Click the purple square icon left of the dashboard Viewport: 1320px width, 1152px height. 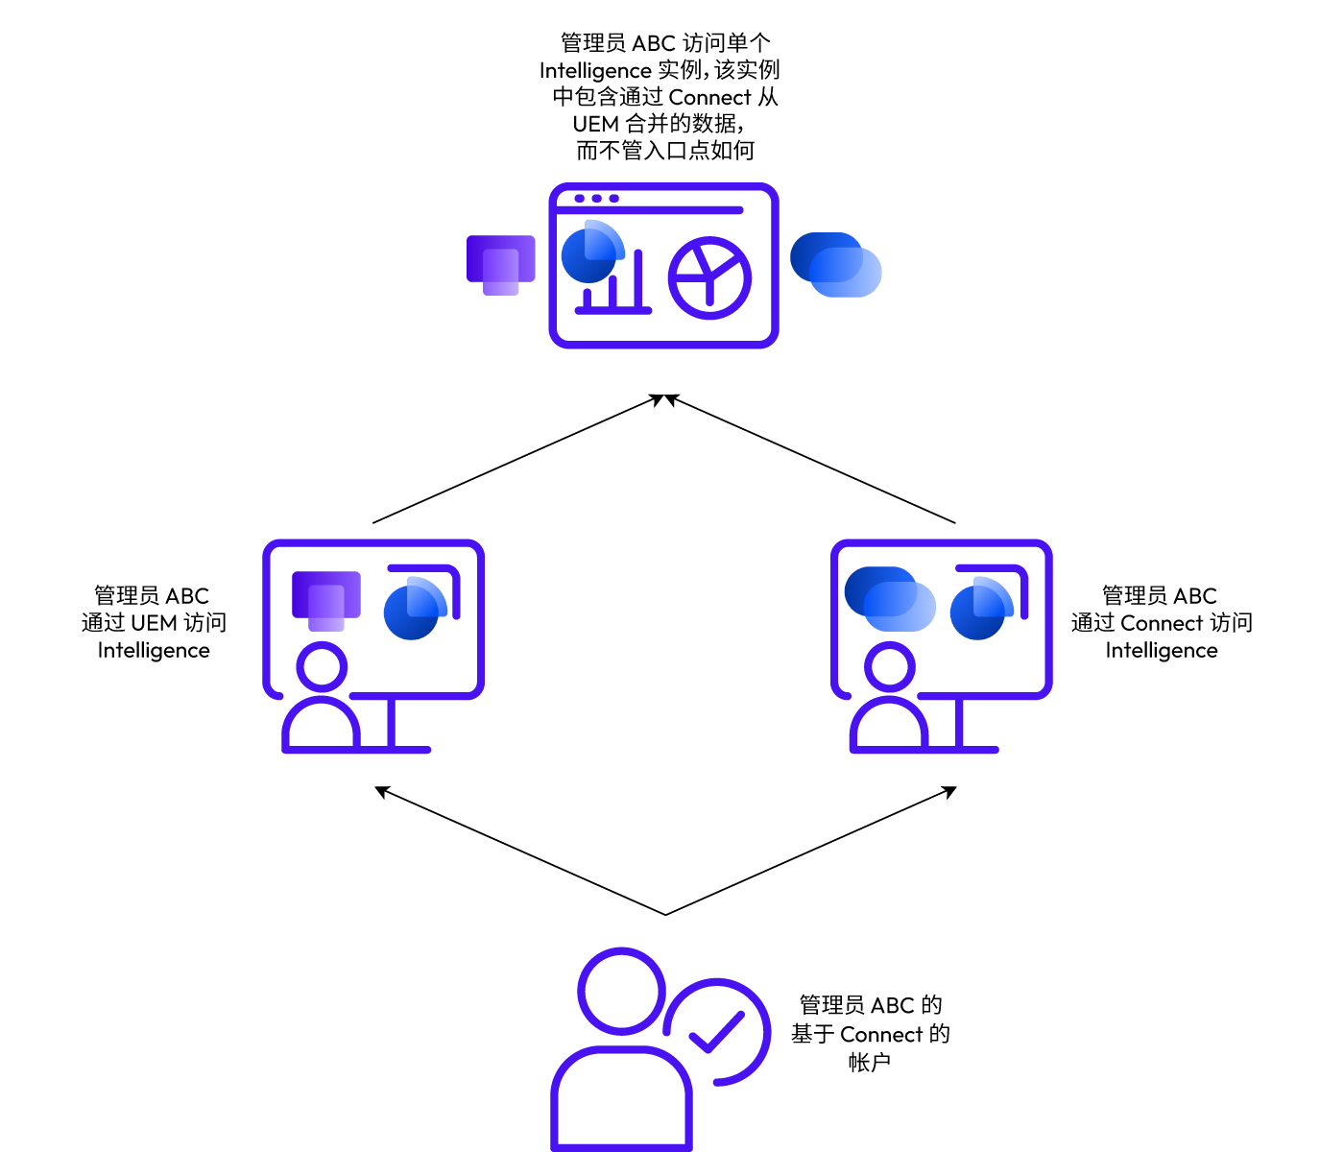click(501, 265)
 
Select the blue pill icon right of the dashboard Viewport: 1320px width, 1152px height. click(835, 264)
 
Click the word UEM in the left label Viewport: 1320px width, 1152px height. click(154, 623)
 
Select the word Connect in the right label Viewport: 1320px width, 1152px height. click(1162, 623)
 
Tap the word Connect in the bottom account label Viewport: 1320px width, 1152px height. click(881, 1034)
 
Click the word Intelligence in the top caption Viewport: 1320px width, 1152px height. click(595, 70)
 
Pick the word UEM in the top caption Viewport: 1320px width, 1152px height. click(595, 123)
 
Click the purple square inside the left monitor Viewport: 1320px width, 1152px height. click(326, 601)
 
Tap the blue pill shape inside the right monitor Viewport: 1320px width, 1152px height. click(890, 599)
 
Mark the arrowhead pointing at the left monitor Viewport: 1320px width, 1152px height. click(382, 791)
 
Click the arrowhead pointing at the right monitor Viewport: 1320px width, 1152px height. click(949, 791)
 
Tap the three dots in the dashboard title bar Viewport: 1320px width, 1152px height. click(597, 199)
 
